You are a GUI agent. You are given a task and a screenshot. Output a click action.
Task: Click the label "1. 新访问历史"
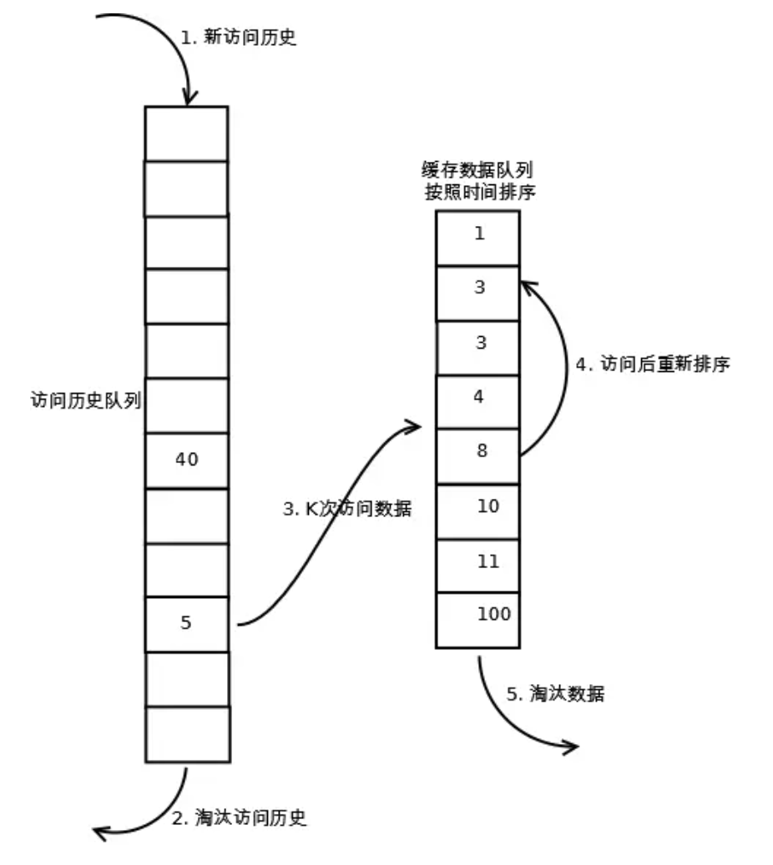(239, 38)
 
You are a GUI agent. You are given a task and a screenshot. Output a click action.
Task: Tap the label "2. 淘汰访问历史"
(239, 818)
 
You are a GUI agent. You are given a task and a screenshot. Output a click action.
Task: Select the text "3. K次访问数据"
(347, 509)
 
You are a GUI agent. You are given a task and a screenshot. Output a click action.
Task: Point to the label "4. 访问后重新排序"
(653, 365)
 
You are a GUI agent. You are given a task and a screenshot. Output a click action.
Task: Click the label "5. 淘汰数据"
(555, 694)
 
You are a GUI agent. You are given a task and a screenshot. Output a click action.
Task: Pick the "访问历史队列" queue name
(85, 401)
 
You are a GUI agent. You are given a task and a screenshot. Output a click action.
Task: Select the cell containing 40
(186, 460)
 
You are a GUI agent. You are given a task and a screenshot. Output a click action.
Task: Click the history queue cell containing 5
(186, 623)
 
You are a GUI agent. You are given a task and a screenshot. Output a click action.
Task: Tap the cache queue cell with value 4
(478, 400)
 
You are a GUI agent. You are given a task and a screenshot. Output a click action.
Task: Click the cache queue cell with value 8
(478, 455)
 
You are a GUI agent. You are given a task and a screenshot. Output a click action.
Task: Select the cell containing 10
(478, 510)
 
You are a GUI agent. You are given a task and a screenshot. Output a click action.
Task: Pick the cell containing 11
(478, 565)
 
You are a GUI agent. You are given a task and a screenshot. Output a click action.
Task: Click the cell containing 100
(478, 618)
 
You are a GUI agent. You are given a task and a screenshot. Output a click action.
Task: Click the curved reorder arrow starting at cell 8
(561, 367)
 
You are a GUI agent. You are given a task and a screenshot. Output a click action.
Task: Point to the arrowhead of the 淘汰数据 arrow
(571, 747)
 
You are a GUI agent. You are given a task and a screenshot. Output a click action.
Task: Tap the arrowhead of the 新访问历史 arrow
(189, 98)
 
